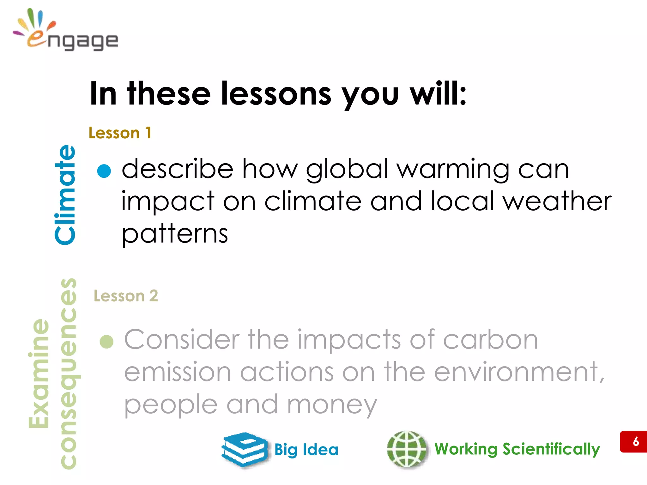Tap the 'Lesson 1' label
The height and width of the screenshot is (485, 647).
tap(120, 133)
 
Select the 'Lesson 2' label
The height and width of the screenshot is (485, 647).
tap(126, 296)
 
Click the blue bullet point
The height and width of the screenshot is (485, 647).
tap(104, 171)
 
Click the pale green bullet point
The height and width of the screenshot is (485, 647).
tap(106, 342)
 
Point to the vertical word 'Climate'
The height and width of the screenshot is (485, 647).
tap(65, 194)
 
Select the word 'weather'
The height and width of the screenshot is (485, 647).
tap(557, 201)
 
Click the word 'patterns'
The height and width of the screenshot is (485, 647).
tap(175, 234)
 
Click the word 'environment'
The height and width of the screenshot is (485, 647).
tap(518, 372)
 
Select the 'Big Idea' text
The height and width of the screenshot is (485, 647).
tap(306, 450)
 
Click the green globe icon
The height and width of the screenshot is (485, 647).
tap(407, 449)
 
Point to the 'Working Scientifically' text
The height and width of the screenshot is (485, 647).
tap(517, 449)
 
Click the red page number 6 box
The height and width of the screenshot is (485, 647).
tap(633, 441)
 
